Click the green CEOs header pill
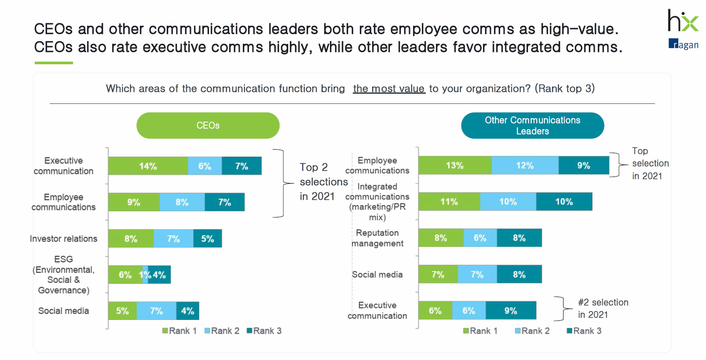pyautogui.click(x=208, y=125)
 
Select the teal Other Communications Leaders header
pyautogui.click(x=532, y=125)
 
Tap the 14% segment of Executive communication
pyautogui.click(x=148, y=166)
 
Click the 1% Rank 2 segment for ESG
pyautogui.click(x=146, y=275)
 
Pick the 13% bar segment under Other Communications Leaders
pyautogui.click(x=455, y=165)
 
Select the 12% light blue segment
pyautogui.click(x=525, y=165)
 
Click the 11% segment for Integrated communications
pyautogui.click(x=449, y=202)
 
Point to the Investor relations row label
pyautogui.click(x=63, y=239)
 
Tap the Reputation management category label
pyautogui.click(x=377, y=238)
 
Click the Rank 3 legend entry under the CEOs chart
pyautogui.click(x=264, y=331)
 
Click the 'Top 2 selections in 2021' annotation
pyautogui.click(x=323, y=182)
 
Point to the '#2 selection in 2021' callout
pyautogui.click(x=603, y=308)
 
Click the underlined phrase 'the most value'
pyautogui.click(x=389, y=88)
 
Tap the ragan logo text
pyautogui.click(x=684, y=44)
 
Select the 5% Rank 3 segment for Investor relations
pyautogui.click(x=207, y=239)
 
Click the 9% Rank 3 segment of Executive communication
pyautogui.click(x=511, y=311)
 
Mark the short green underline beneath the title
pyautogui.click(x=54, y=63)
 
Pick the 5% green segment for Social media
pyautogui.click(x=122, y=311)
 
